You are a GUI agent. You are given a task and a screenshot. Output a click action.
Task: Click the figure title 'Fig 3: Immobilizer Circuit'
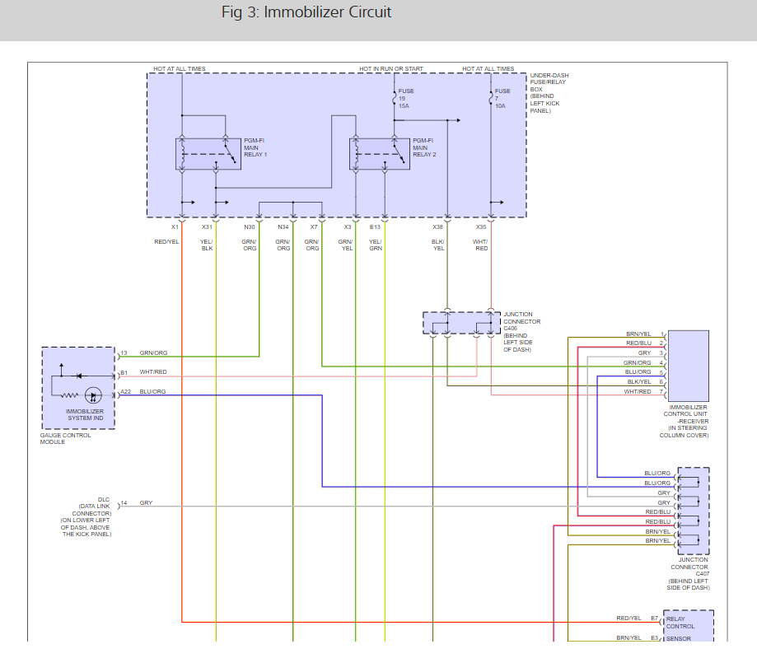click(x=306, y=12)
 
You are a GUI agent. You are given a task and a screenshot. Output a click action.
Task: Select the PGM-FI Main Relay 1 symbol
click(x=208, y=153)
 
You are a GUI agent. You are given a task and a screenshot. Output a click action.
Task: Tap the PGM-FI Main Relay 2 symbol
click(x=380, y=153)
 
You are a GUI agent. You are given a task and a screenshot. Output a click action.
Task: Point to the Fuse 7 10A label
click(x=502, y=99)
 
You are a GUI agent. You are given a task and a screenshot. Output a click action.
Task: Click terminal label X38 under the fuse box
click(x=437, y=226)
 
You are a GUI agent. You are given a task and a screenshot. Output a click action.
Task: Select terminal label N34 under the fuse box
click(x=283, y=226)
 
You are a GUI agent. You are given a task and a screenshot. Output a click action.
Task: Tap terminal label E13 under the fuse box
click(x=376, y=226)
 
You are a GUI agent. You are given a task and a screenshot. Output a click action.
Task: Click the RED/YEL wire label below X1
click(x=166, y=241)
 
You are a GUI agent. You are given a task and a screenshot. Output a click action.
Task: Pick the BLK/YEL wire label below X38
click(x=438, y=245)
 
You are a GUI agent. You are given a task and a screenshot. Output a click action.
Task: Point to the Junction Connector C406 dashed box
click(x=461, y=324)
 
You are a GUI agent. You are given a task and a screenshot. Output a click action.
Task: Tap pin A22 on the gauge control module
click(x=125, y=392)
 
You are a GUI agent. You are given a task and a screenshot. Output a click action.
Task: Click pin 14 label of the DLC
click(x=124, y=502)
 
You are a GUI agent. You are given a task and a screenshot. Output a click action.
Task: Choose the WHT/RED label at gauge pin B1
click(x=153, y=372)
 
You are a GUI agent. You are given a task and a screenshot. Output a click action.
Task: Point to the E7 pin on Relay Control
click(x=655, y=618)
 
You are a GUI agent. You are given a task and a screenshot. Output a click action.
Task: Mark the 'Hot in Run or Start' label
click(x=391, y=69)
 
